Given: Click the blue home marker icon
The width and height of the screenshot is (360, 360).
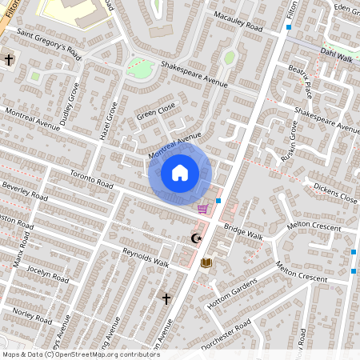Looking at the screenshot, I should coord(180,172).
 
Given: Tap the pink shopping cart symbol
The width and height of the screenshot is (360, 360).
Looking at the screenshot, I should coord(203,209).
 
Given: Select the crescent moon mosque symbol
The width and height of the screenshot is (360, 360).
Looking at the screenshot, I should coord(195,238).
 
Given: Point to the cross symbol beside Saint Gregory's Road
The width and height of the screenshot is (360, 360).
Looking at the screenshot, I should coord(10,60).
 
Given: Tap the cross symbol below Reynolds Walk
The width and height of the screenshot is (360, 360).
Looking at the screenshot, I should coord(166,298).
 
